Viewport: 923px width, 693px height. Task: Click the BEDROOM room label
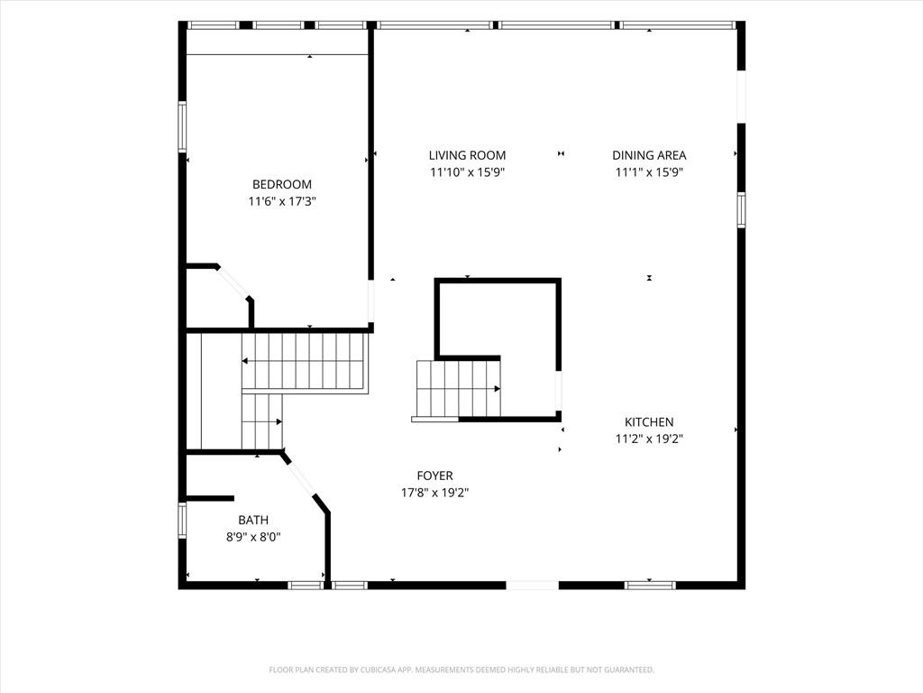(x=282, y=184)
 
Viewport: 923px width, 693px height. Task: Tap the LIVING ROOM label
(x=467, y=155)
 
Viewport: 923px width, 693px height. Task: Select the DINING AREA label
(x=649, y=155)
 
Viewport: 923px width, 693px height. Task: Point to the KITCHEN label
(x=649, y=422)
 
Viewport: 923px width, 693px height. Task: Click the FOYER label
(x=435, y=476)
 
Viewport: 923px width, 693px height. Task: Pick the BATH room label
(x=253, y=521)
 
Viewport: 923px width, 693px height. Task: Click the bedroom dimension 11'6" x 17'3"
(x=282, y=201)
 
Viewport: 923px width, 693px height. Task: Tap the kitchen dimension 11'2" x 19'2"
(x=649, y=439)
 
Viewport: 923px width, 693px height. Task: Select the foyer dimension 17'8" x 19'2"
(x=435, y=493)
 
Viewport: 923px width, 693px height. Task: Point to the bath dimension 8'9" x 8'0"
(x=253, y=538)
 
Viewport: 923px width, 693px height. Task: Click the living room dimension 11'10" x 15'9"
(x=467, y=172)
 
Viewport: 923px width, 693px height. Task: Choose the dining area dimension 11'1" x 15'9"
(x=649, y=172)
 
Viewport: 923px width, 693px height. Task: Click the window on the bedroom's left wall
(x=182, y=126)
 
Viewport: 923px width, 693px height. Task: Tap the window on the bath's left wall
(x=182, y=520)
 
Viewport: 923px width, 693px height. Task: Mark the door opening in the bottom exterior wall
(x=532, y=585)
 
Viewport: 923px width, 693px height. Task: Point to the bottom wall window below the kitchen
(x=649, y=585)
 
